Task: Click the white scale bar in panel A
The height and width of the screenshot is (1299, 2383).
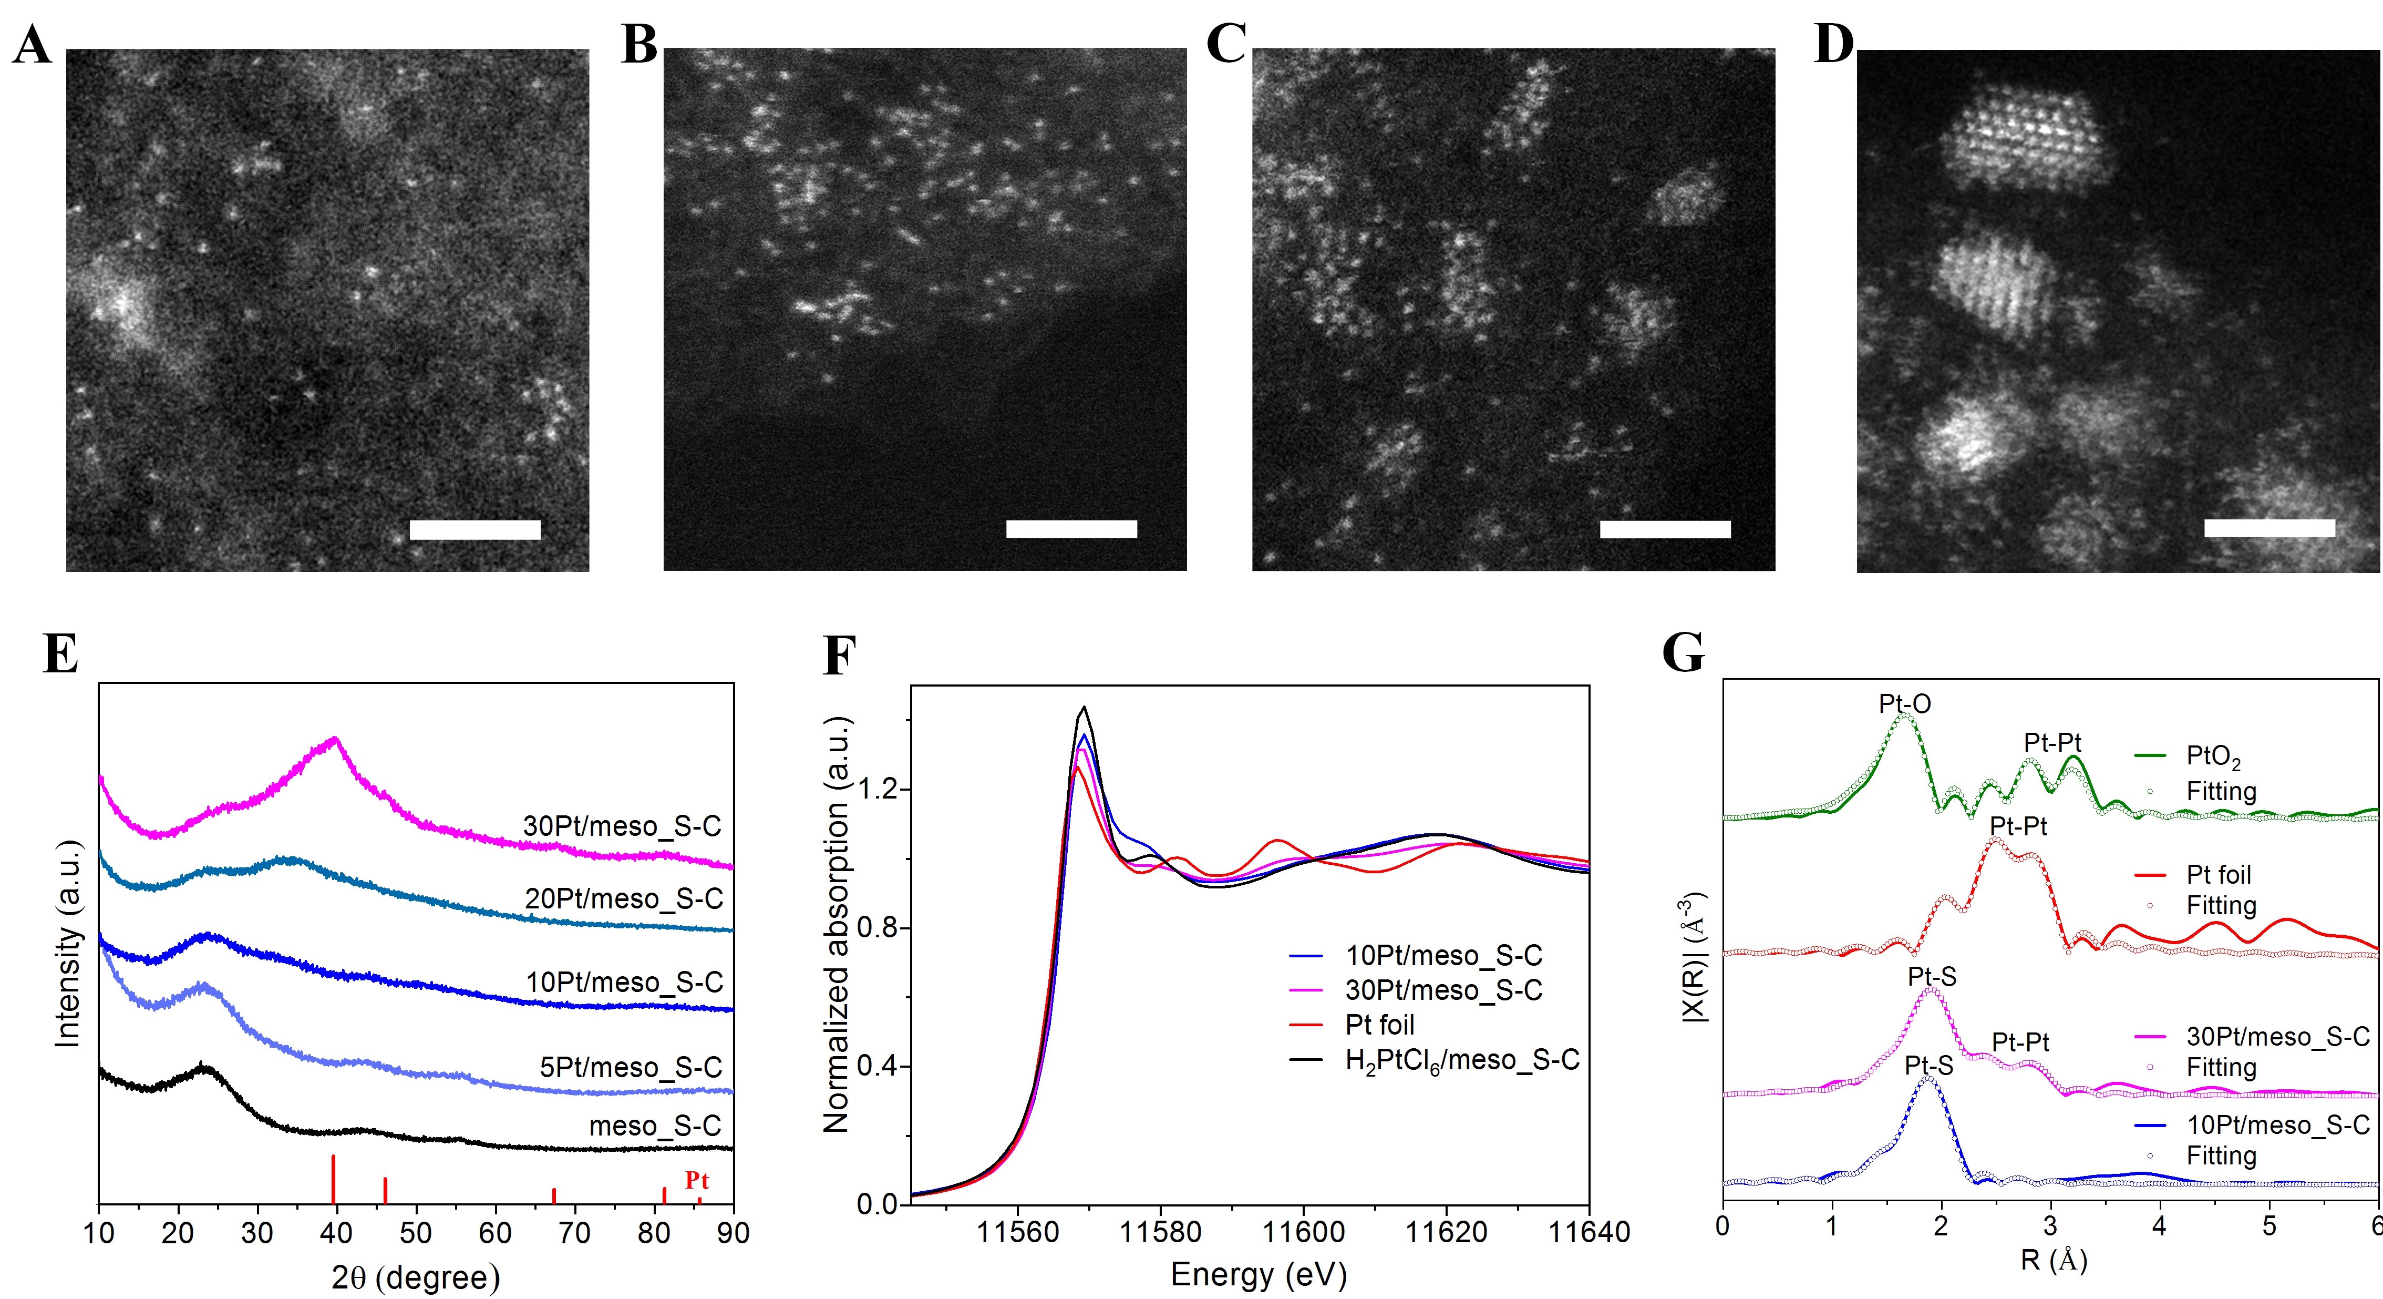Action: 474,530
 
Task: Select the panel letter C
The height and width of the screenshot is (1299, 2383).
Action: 1226,44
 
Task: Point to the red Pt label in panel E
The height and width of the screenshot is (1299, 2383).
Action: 697,1181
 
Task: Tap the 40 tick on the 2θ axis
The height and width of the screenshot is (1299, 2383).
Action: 337,1232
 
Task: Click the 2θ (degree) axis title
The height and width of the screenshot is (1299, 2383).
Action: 415,1278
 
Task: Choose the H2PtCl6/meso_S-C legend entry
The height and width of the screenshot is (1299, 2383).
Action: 1462,1060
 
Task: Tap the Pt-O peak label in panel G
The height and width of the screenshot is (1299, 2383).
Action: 1905,704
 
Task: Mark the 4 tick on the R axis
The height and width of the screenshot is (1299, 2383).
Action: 2160,1227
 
